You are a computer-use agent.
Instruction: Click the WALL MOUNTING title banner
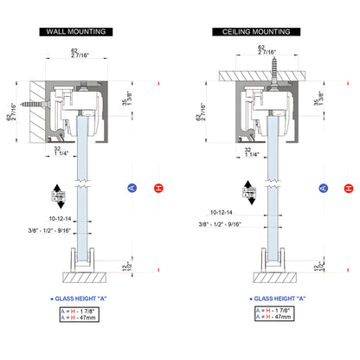79,32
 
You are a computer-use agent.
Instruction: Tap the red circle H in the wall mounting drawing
157,188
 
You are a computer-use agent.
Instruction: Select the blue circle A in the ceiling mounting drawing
323,188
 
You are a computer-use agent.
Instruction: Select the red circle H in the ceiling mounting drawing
348,188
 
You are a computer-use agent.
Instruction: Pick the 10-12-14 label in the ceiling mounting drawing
226,211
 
